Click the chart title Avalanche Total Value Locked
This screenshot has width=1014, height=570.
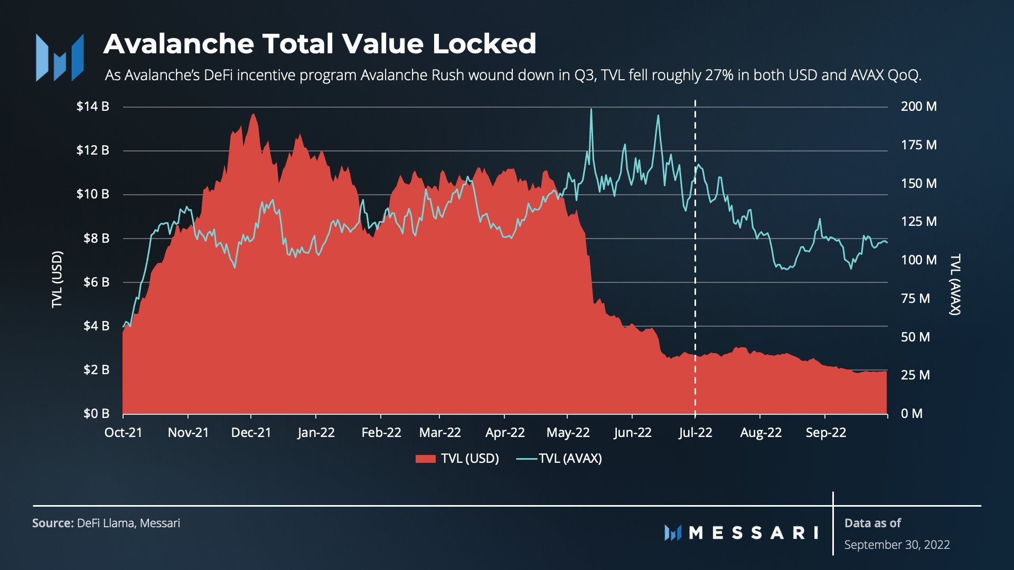(x=320, y=44)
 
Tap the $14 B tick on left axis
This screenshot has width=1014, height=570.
(x=93, y=107)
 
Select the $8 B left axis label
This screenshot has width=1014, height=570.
(x=96, y=239)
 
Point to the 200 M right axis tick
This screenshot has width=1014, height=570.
(x=918, y=107)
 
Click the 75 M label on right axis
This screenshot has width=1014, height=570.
(x=915, y=299)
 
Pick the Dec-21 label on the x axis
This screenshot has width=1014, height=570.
(x=251, y=433)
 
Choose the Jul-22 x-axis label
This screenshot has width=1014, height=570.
(x=695, y=433)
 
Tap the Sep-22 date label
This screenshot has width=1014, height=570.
(x=825, y=433)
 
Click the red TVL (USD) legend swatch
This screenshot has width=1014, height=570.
(x=425, y=459)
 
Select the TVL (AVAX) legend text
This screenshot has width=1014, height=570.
(x=570, y=459)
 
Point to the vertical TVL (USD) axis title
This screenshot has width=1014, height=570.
(x=57, y=279)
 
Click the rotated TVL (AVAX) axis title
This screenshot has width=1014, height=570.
(x=955, y=284)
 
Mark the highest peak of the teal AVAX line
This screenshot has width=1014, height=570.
(x=591, y=109)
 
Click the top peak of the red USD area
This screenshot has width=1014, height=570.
(x=253, y=114)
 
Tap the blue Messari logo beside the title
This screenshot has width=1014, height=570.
(x=60, y=58)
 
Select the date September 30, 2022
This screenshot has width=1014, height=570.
(x=897, y=545)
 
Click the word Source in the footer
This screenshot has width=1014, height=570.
(x=52, y=523)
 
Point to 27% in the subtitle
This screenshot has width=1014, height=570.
(x=719, y=75)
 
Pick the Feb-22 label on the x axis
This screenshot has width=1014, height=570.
(x=381, y=433)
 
